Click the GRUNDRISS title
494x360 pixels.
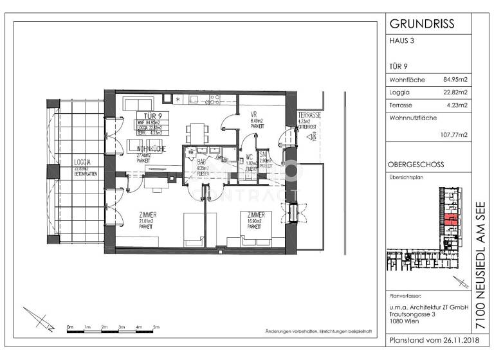422,24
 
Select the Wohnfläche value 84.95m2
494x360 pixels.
455,80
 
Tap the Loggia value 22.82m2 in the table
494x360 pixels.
455,93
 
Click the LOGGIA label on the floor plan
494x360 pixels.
82,162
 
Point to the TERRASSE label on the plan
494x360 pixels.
309,114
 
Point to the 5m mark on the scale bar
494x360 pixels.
156,328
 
